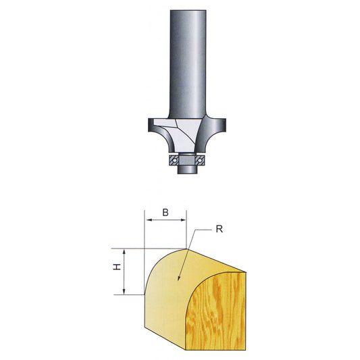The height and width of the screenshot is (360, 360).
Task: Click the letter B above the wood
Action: point(165,213)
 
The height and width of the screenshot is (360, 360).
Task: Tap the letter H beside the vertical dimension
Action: point(117,267)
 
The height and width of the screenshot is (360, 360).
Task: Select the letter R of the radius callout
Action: point(220,229)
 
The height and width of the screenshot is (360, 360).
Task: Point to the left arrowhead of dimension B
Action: point(149,220)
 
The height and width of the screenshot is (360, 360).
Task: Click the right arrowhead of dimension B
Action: point(183,220)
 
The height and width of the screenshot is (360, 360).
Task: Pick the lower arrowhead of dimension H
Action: point(124,291)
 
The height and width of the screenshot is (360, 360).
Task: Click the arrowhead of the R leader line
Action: point(179,278)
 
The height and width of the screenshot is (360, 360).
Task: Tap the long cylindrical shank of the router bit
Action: point(188,63)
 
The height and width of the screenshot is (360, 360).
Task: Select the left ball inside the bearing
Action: point(175,160)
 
